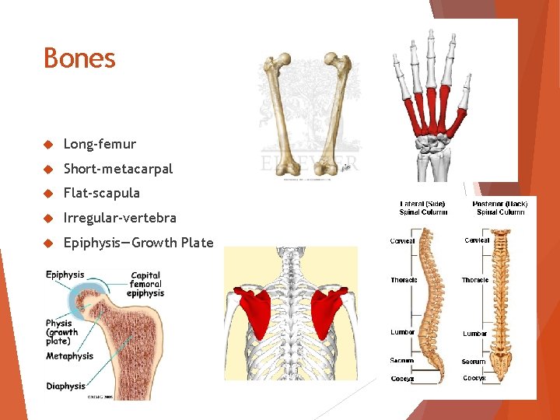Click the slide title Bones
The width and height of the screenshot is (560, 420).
click(x=79, y=58)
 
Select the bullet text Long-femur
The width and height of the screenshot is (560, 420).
click(x=100, y=144)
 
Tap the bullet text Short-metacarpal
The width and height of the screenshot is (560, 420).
click(x=117, y=169)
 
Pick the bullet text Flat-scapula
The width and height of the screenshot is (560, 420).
click(x=101, y=193)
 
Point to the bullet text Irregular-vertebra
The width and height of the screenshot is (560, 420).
click(x=120, y=218)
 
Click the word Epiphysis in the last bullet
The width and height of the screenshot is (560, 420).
click(x=92, y=243)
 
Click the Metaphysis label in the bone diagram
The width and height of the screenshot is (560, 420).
click(x=69, y=356)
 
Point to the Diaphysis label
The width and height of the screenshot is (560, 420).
click(x=66, y=387)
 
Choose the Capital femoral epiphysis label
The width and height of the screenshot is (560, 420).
click(x=146, y=284)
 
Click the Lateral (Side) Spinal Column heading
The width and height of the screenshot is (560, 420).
click(x=424, y=208)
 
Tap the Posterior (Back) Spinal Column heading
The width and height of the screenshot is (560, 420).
click(x=499, y=208)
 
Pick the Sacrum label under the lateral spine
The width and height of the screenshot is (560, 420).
click(x=401, y=360)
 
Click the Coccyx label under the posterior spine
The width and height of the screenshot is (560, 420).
click(x=474, y=378)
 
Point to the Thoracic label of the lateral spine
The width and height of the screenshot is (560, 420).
click(x=404, y=280)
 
